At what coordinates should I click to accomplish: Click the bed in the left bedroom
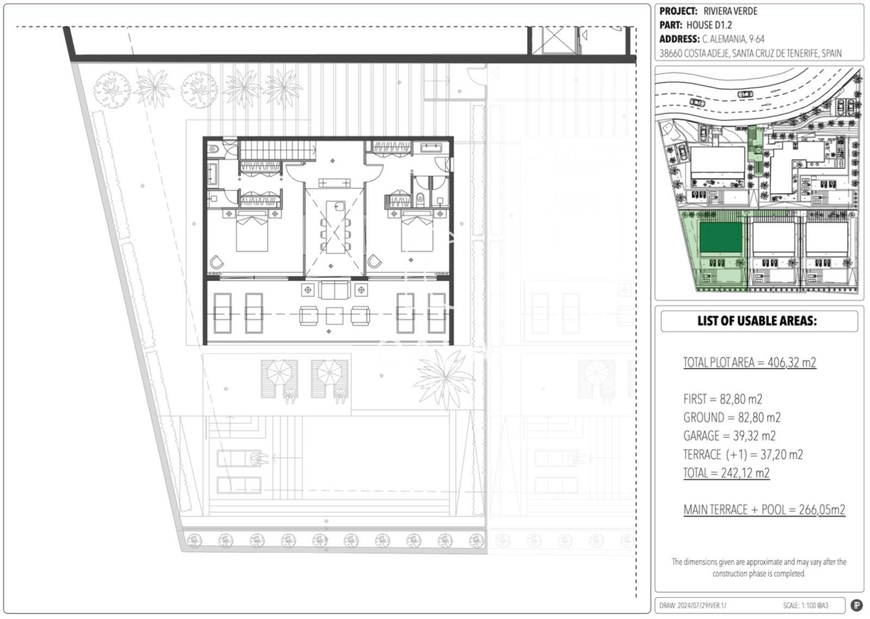(252, 232)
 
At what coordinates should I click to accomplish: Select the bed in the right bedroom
(417, 232)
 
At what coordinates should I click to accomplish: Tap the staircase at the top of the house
(277, 150)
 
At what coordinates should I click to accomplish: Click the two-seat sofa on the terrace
(334, 290)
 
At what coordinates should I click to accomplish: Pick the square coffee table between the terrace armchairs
(334, 316)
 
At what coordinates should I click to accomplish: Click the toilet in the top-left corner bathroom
(213, 149)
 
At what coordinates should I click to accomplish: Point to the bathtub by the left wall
(213, 174)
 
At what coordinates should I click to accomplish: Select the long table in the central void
(335, 227)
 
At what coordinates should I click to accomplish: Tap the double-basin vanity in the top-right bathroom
(431, 148)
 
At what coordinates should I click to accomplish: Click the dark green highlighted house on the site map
(720, 237)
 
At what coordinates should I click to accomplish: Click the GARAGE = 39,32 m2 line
(729, 436)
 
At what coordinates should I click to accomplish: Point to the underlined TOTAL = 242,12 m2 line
(726, 473)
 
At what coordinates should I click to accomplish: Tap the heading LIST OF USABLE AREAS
(757, 321)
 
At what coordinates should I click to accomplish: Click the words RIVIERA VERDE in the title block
(730, 11)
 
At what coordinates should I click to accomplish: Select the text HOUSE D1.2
(709, 25)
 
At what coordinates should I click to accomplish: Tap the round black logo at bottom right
(856, 605)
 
